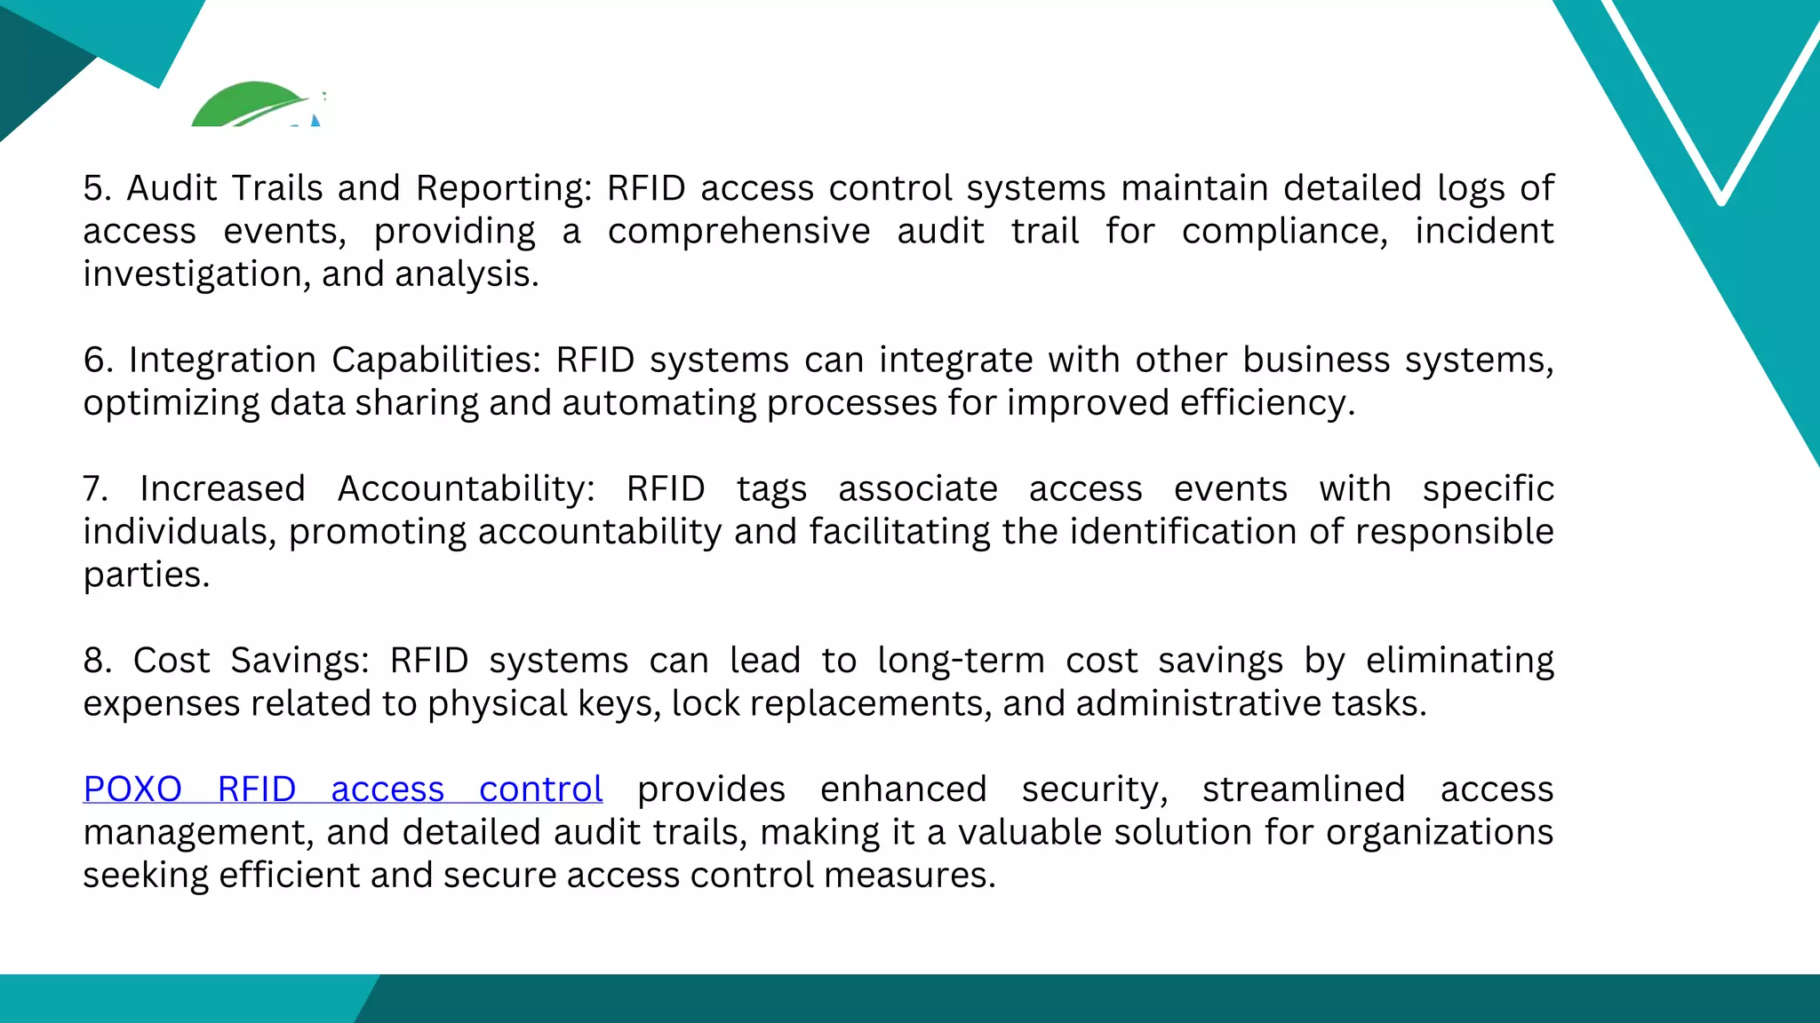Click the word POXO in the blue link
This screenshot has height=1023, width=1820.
point(132,789)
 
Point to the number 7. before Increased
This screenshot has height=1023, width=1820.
point(96,489)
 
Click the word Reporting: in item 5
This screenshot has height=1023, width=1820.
point(504,188)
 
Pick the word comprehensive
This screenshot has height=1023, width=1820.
point(738,232)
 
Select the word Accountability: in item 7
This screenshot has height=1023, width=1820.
point(467,489)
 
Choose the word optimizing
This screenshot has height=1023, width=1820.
point(171,403)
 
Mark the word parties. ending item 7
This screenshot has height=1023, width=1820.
point(147,575)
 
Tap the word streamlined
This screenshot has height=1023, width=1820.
point(1304,789)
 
